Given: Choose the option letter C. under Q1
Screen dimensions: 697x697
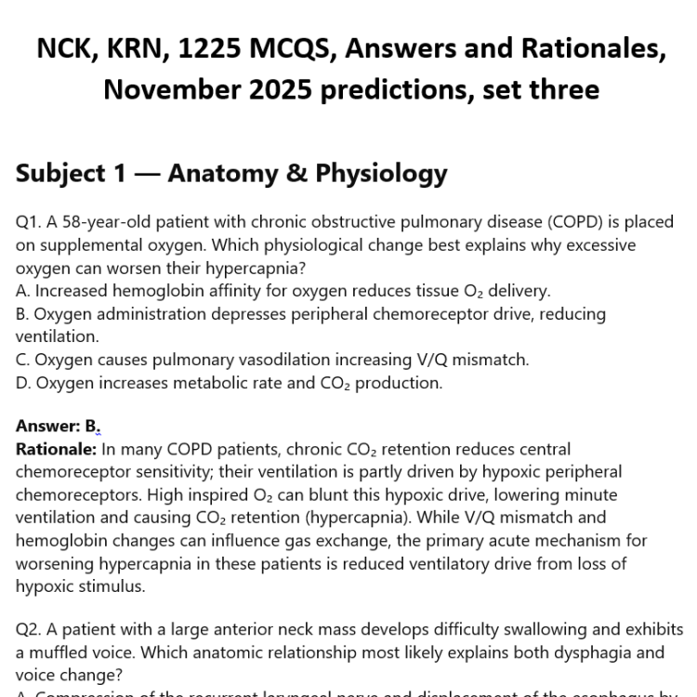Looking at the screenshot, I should tap(23, 360).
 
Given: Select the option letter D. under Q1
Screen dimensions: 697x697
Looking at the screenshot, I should tap(24, 383).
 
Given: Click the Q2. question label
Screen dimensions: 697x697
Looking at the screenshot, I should tap(30, 630).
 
